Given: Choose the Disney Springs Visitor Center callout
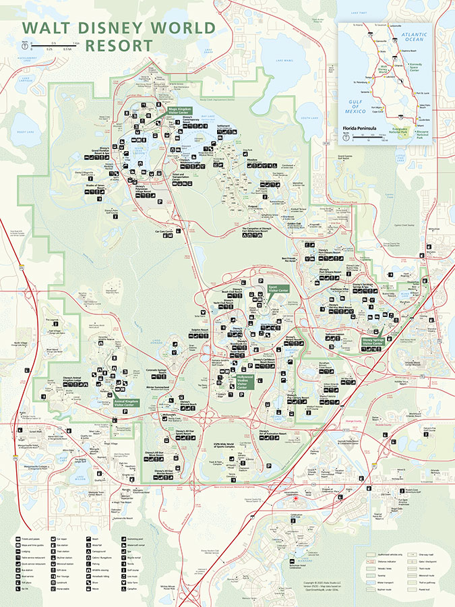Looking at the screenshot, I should point(372,342).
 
